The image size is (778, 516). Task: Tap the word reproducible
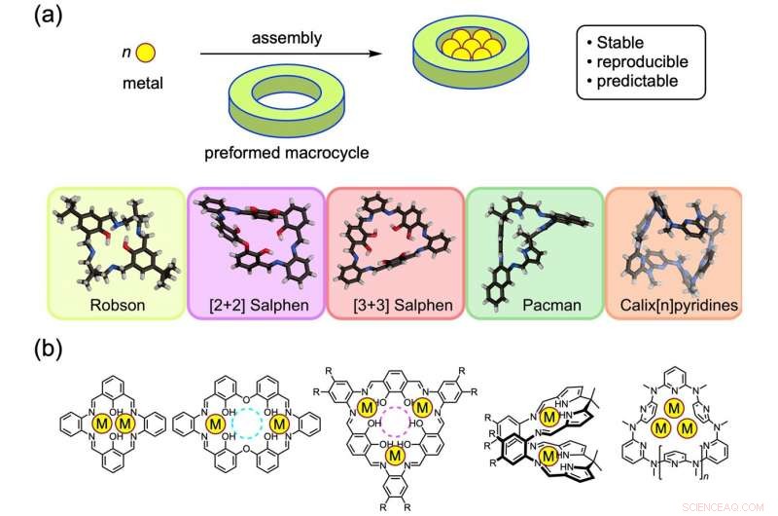[x=643, y=61]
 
